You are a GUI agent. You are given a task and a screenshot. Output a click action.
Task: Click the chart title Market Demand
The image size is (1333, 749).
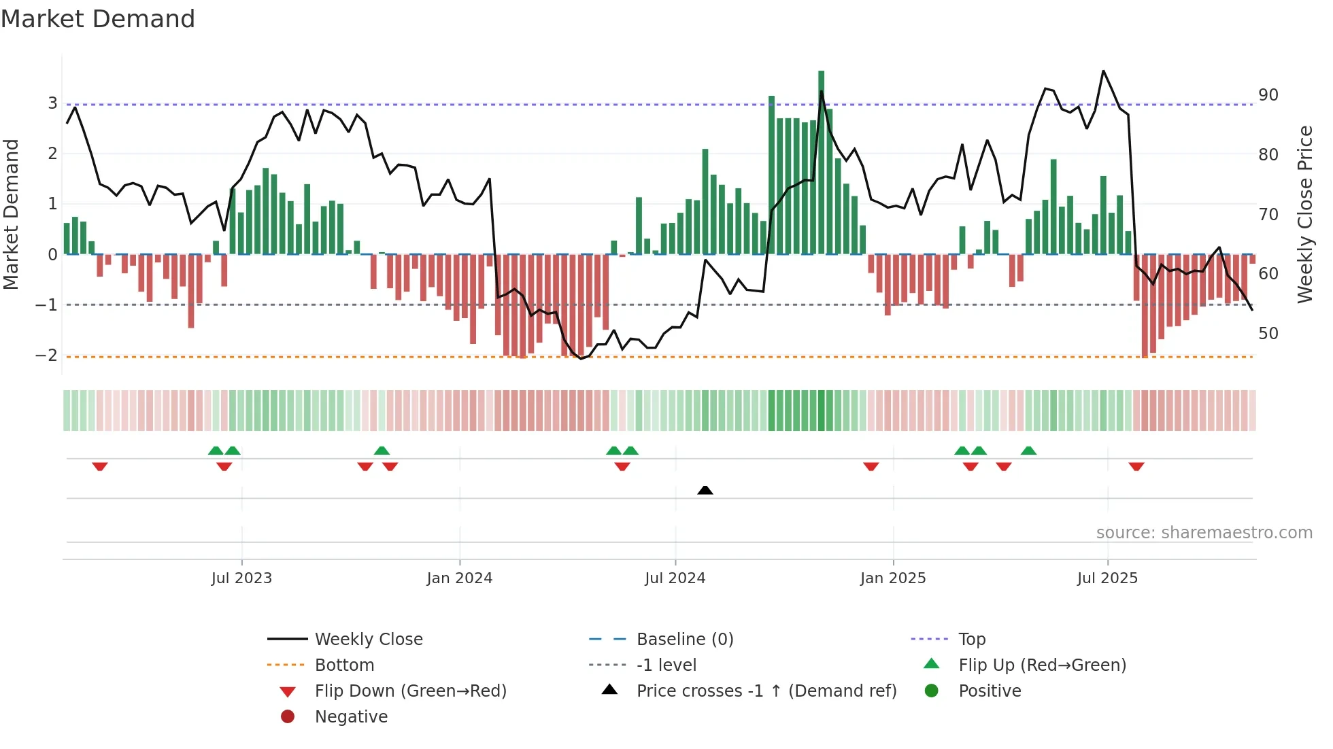98,19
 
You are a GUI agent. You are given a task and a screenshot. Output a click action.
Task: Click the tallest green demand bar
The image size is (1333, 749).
821,163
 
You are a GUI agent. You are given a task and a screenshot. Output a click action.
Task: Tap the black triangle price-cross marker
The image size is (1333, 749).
705,490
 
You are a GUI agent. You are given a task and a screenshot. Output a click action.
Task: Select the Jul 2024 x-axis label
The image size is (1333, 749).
675,578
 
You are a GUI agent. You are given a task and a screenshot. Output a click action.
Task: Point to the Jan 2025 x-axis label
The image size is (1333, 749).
892,578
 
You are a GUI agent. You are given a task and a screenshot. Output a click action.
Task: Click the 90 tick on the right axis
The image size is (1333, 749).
1268,95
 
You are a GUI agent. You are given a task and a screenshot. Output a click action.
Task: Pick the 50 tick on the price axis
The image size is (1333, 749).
1268,334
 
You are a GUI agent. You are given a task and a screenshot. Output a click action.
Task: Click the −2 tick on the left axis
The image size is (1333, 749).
47,355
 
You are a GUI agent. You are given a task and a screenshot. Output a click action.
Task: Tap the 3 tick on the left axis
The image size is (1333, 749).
52,103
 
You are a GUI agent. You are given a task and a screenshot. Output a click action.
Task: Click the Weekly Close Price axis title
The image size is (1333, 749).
1304,214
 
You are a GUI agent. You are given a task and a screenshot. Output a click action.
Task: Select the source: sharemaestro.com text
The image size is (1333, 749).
1204,533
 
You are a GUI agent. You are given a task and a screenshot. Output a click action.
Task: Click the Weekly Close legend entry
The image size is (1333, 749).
368,640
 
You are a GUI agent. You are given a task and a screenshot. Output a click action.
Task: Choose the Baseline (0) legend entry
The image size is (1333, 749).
684,640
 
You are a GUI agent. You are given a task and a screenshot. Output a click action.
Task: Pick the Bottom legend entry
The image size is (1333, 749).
344,665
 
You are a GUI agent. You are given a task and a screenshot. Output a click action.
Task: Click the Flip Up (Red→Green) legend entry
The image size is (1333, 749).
1042,665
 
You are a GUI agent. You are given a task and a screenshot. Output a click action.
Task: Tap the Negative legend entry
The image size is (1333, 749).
351,717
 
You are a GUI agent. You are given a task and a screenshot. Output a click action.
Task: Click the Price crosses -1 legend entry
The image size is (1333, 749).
766,691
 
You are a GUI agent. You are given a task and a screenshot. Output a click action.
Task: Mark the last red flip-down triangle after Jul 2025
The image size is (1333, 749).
1136,466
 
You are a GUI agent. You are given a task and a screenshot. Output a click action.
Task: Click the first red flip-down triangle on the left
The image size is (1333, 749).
100,466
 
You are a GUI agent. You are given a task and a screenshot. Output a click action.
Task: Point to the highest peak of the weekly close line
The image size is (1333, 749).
1103,71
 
